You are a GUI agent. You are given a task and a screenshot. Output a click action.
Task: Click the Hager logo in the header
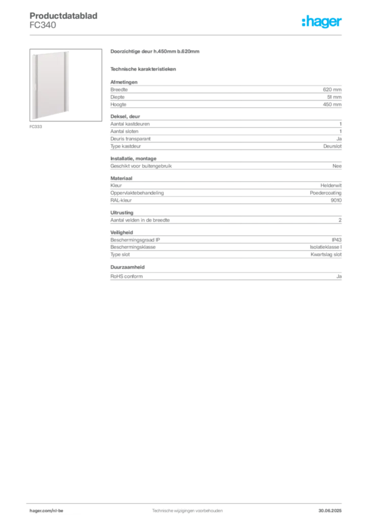coord(322,21)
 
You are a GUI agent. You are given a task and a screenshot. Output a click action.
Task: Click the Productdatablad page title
coord(64,16)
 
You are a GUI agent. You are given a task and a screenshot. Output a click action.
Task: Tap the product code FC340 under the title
coord(43,25)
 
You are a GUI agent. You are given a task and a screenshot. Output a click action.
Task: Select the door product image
coord(66,85)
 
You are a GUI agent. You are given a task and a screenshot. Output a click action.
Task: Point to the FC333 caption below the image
coord(36,127)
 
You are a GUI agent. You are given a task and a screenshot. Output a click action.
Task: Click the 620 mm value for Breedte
coord(332,90)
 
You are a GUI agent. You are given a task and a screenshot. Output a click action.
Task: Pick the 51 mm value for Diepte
coord(334,97)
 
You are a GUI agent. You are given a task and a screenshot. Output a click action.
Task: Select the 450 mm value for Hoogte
coord(332,104)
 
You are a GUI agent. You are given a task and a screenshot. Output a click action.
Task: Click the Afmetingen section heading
coord(124,82)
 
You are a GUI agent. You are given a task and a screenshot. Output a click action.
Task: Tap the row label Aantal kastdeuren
coord(130,124)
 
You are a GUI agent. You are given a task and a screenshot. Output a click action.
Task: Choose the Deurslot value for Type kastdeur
coord(332,146)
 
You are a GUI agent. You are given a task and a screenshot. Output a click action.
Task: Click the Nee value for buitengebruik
coord(337,166)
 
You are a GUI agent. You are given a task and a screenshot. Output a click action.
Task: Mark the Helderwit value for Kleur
coord(331,185)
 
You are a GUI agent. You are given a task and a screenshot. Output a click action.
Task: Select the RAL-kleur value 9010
coord(336,200)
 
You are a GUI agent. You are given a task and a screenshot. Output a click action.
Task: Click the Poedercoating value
coord(325,193)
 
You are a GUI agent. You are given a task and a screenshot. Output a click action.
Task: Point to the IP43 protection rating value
coord(336,240)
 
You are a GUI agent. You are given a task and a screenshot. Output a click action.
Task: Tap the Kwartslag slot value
coord(326,254)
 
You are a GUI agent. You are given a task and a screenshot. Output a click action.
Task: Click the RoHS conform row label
coord(127,276)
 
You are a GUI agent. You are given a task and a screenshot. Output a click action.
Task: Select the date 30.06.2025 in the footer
coord(330,511)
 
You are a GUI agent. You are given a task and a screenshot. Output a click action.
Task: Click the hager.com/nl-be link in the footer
coord(46,511)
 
